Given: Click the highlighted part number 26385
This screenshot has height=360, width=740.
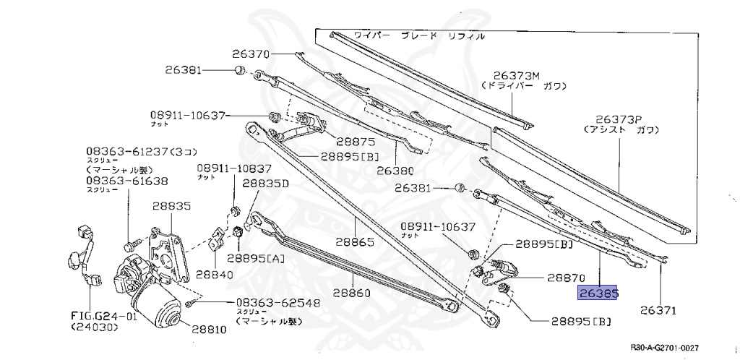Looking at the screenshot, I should pos(597,293).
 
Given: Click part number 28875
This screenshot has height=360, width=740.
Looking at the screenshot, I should pos(350,142).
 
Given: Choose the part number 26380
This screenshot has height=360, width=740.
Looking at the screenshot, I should pos(396,171).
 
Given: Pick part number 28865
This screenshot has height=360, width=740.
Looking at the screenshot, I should pos(353,244).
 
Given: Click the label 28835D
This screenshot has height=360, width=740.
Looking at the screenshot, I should pos(265,184).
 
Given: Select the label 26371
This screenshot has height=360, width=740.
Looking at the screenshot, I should pos(658,311).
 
